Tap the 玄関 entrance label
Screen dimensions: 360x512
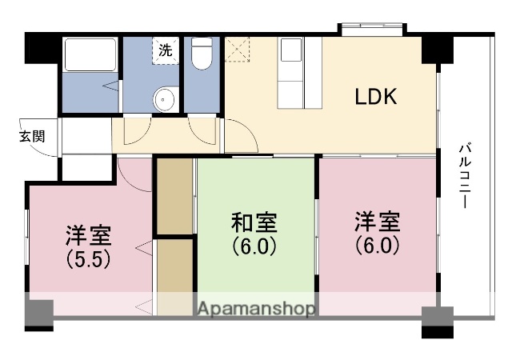point(32,135)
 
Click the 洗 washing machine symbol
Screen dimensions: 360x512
point(165,49)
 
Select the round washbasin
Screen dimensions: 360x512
point(165,99)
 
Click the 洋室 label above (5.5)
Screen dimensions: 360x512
point(88,236)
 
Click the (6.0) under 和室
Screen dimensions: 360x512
point(254,245)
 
